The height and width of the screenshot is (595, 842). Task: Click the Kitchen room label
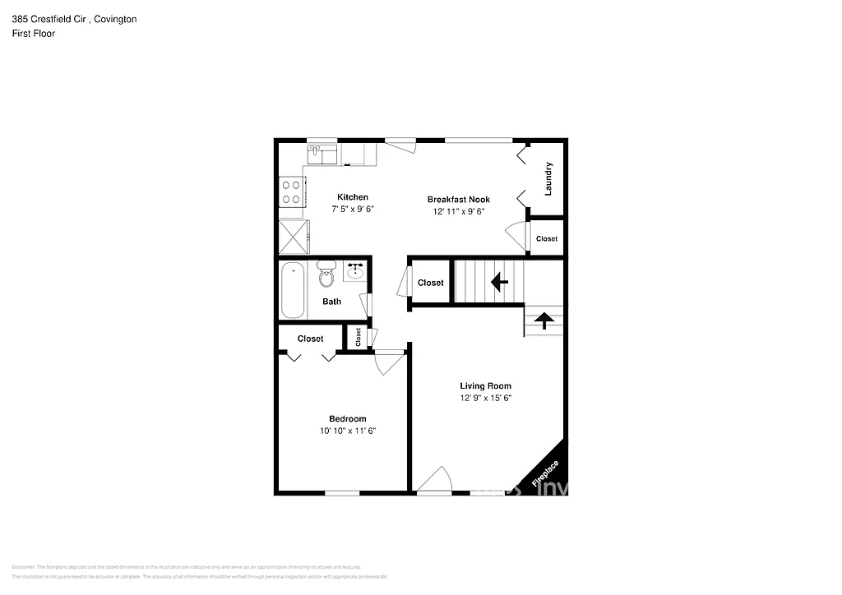[x=353, y=197]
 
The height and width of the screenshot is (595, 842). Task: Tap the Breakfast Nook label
[x=459, y=200]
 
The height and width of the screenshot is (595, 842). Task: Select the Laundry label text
[x=548, y=178]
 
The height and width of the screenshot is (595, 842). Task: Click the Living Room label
[x=485, y=386]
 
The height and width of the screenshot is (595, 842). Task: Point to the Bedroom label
[x=348, y=419]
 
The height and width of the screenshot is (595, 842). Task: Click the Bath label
[x=331, y=302]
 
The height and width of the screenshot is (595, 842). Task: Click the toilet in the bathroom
[x=326, y=274]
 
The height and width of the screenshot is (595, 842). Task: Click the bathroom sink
[x=355, y=271]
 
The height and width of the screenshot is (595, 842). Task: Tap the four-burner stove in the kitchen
[x=291, y=192]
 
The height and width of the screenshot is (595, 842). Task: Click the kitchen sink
[x=323, y=154]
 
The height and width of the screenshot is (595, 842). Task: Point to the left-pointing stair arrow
[x=498, y=283]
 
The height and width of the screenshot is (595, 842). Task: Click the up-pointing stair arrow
[x=543, y=319]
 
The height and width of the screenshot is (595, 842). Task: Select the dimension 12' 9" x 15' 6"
[x=485, y=399]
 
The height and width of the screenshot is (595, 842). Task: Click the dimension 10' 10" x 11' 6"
[x=348, y=431]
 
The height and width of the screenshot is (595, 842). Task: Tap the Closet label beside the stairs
[x=431, y=283]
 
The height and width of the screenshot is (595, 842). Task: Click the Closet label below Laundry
[x=547, y=239]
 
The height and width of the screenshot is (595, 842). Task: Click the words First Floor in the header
[x=34, y=34]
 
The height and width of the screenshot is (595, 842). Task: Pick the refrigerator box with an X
[x=292, y=236]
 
